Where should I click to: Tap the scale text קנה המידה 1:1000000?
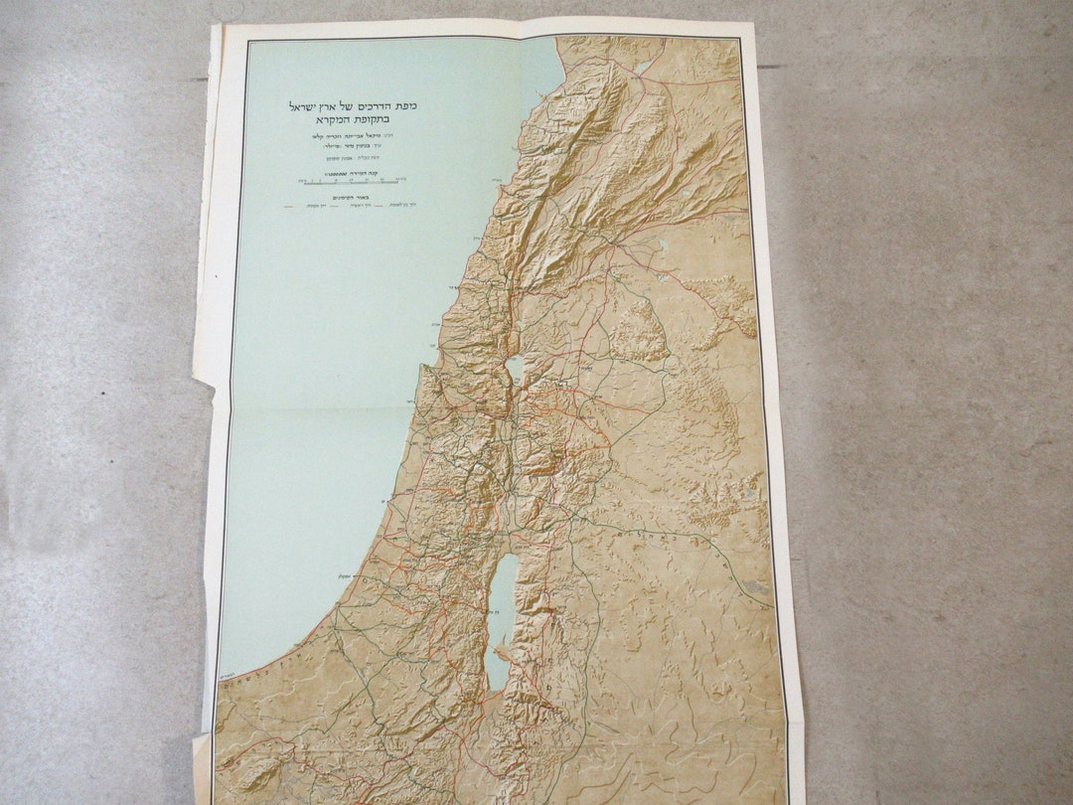[365, 174]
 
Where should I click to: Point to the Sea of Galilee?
[515, 369]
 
